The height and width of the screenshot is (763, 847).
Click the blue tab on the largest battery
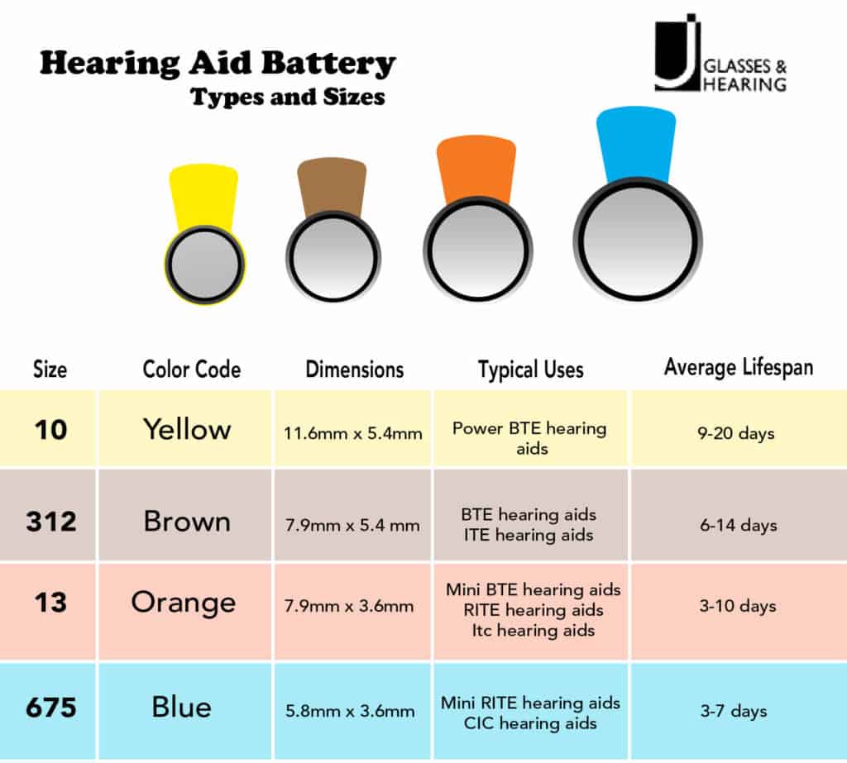636,142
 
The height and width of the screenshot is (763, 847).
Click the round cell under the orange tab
477,250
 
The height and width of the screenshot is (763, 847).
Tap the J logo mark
675,50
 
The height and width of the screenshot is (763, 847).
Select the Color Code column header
192,369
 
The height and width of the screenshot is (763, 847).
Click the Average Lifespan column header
738,367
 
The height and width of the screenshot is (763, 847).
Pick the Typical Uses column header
530,369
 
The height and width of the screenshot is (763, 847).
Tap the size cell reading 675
50,708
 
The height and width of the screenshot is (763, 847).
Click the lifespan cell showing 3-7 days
738,711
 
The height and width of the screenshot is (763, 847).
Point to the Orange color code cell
183,603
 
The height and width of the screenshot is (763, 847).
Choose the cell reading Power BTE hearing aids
529,438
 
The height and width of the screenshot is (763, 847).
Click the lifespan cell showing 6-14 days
738,525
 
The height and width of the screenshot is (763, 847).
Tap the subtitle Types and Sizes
288,97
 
